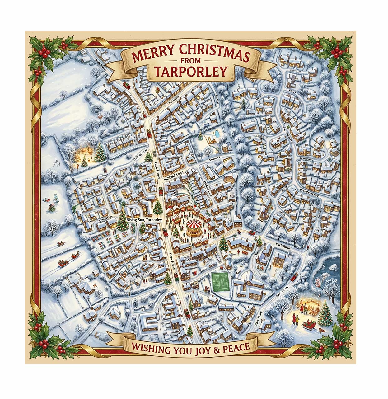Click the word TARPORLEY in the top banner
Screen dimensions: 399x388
190,71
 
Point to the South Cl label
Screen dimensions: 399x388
215,159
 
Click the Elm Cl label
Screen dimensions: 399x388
264,136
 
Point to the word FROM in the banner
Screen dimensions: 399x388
190,61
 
